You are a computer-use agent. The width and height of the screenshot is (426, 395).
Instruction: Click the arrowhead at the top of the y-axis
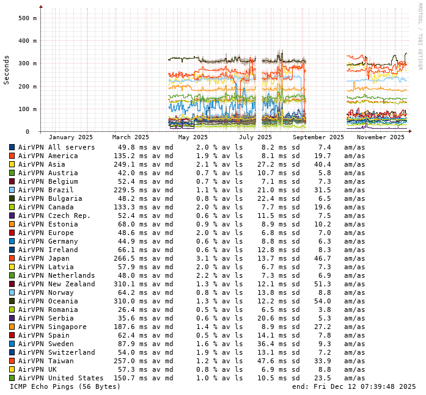[x=41, y=7]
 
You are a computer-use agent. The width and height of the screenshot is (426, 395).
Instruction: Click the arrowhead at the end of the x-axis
[x=410, y=131]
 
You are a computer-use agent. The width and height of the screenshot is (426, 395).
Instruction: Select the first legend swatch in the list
[x=12, y=147]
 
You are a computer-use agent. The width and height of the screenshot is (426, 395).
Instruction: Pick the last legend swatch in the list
[x=12, y=378]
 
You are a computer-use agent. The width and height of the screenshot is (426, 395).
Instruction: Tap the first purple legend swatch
[x=12, y=216]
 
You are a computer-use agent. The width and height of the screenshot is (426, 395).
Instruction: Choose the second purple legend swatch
[x=12, y=318]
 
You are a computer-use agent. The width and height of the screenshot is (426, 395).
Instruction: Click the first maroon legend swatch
[x=12, y=181]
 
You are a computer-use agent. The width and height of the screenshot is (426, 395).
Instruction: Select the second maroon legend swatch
[x=12, y=284]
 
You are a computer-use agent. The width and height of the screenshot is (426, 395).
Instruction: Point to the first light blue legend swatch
[x=12, y=190]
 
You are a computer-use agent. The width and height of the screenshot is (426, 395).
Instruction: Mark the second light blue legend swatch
[x=12, y=292]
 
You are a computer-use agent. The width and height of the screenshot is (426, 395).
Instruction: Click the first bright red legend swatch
[x=12, y=233]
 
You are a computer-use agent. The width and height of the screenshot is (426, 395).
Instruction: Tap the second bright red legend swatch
[x=12, y=335]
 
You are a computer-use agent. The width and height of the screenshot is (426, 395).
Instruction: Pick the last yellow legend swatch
[x=12, y=369]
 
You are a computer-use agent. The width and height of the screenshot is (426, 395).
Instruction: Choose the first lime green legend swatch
[x=12, y=207]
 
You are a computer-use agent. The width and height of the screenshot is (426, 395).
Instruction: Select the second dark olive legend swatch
[x=12, y=301]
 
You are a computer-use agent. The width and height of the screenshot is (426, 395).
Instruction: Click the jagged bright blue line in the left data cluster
[x=183, y=108]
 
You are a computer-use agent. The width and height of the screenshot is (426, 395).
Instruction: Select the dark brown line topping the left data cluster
[x=183, y=58]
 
